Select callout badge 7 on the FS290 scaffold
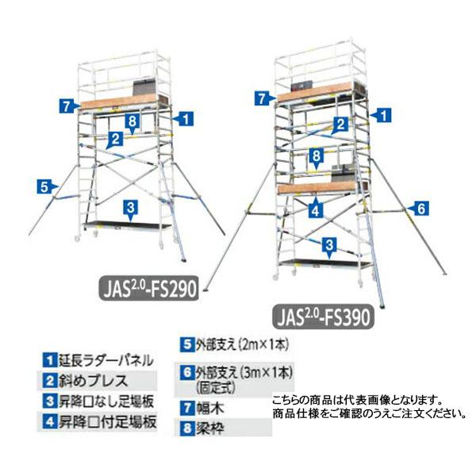click(68, 103)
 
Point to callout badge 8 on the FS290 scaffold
click(132, 121)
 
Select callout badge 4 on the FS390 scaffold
click(315, 211)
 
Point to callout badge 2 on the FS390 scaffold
click(339, 124)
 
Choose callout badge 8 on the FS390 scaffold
click(315, 155)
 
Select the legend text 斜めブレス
click(100, 384)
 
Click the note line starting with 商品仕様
click(366, 413)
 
